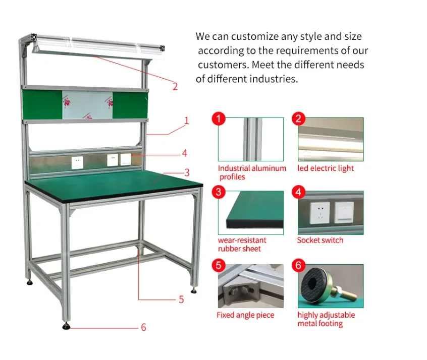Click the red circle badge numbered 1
(x=218, y=118)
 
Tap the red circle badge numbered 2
(x=298, y=118)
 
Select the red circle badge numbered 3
(x=218, y=192)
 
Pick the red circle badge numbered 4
(x=298, y=192)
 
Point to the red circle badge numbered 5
(x=218, y=265)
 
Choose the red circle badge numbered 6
(x=298, y=265)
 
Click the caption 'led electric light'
(x=326, y=168)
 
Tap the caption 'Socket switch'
(x=320, y=241)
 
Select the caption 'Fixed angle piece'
(x=245, y=315)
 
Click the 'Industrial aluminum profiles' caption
(x=252, y=172)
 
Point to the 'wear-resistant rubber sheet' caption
(x=242, y=245)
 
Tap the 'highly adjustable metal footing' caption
(x=326, y=319)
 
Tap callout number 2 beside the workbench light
(x=175, y=86)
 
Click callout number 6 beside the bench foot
(x=143, y=327)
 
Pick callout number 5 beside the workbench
(x=181, y=299)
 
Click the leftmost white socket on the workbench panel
(x=77, y=162)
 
